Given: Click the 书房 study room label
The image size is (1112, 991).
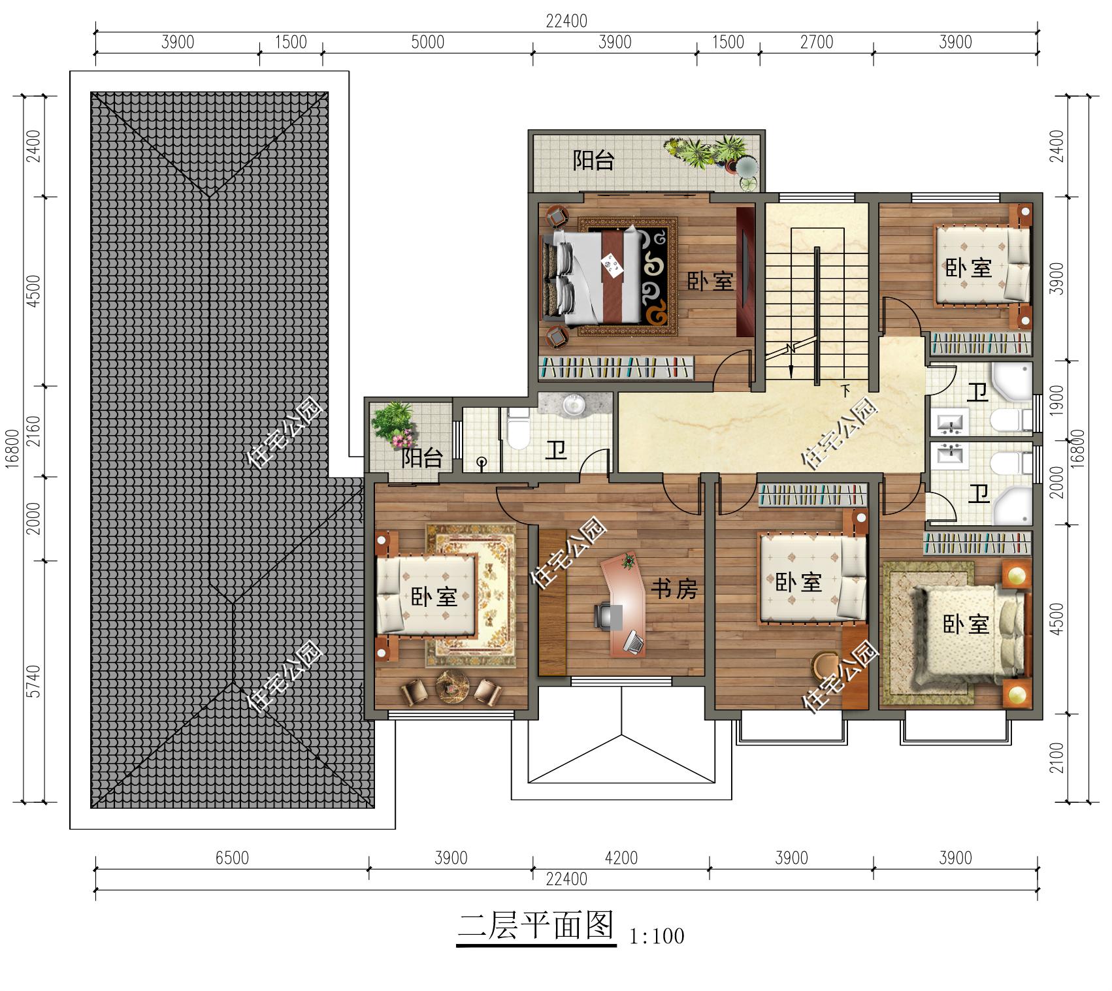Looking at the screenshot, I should click(x=674, y=589).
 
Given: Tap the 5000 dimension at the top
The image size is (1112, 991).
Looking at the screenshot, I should click(x=428, y=42).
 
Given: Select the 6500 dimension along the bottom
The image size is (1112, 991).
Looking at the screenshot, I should click(x=232, y=857).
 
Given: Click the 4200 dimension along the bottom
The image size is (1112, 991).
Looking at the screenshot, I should click(x=621, y=857).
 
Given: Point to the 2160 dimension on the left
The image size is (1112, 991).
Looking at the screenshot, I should click(x=34, y=431).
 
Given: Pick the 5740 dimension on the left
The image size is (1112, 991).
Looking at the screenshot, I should click(x=34, y=681).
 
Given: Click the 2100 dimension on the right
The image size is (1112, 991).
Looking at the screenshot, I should click(x=1058, y=758).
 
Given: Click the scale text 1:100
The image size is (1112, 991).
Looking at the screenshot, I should click(x=657, y=936).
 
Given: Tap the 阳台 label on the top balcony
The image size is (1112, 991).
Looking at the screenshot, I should click(x=593, y=161).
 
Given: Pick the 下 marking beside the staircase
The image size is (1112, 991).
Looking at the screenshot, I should click(x=845, y=391).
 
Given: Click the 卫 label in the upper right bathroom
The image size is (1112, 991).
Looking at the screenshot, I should click(x=977, y=393).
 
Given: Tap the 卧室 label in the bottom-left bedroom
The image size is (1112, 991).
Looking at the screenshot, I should click(x=434, y=596).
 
